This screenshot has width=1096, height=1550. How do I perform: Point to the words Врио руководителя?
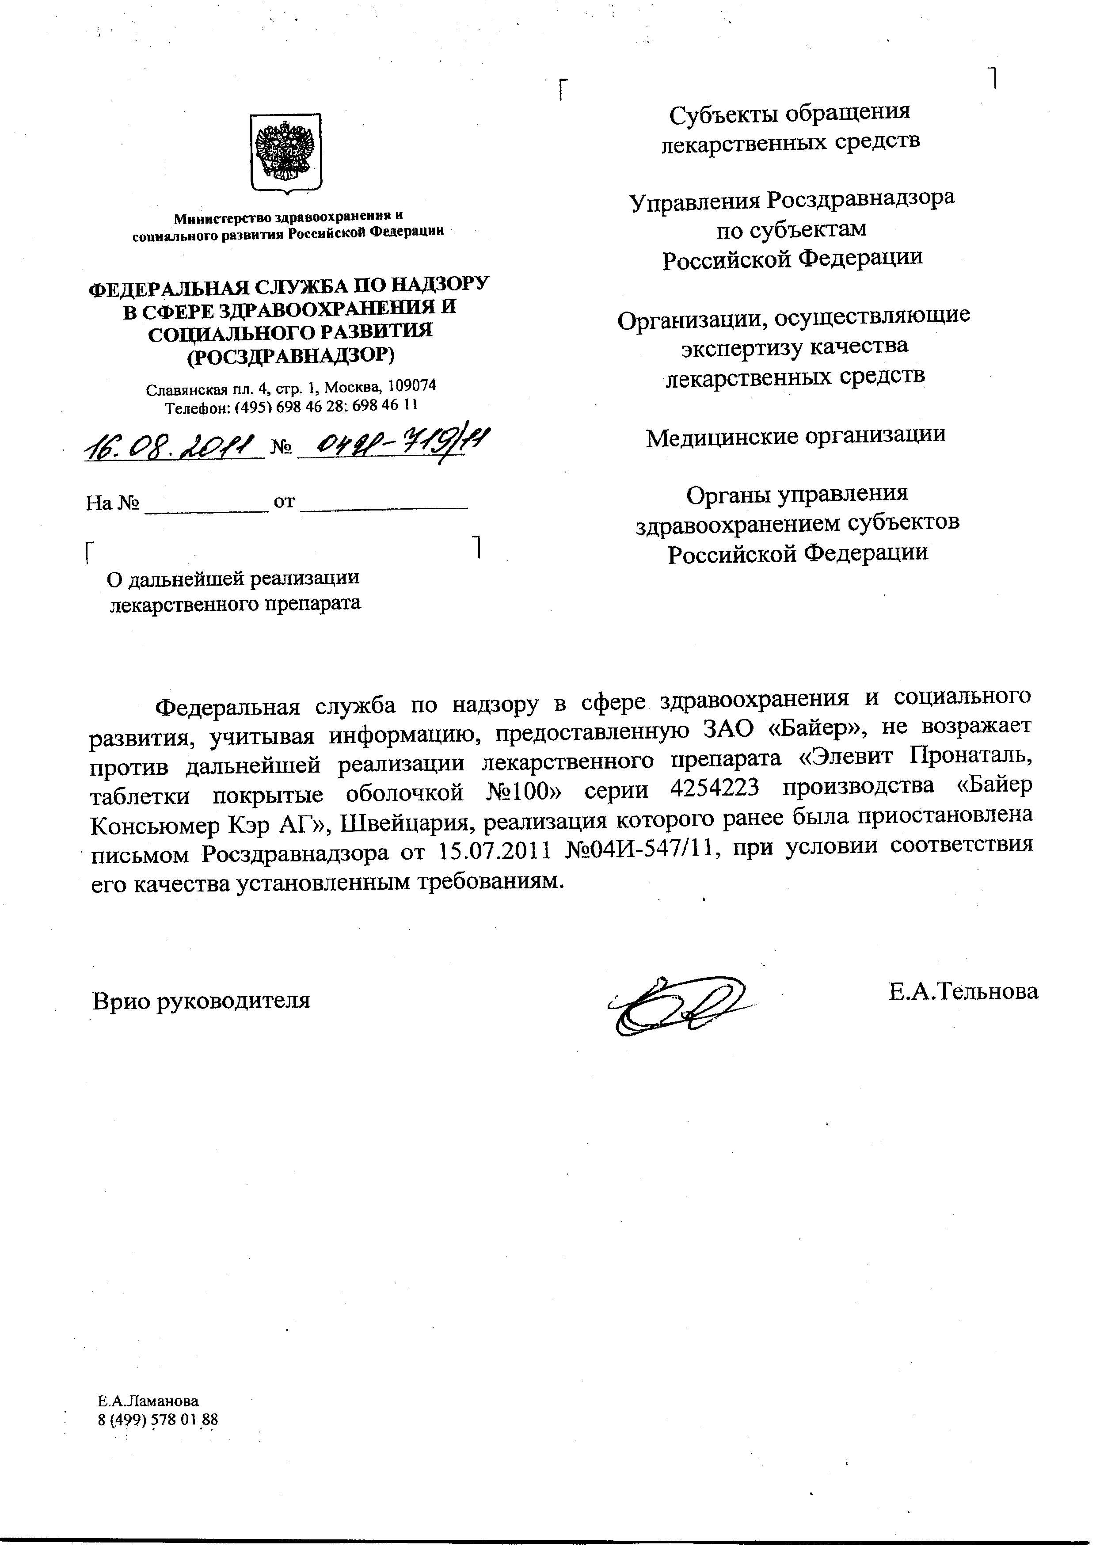(x=201, y=1000)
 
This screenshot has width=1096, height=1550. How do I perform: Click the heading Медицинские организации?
(x=795, y=436)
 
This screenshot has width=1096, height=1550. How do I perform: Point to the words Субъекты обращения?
(x=790, y=112)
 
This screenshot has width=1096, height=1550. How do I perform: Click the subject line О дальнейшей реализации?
(x=233, y=578)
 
